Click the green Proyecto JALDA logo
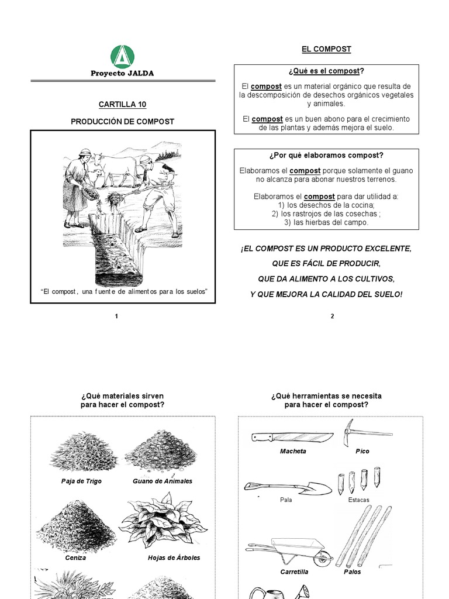pyautogui.click(x=122, y=57)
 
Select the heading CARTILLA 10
pyautogui.click(x=122, y=105)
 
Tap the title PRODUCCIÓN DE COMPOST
pyautogui.click(x=122, y=122)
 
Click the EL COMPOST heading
pyautogui.click(x=327, y=49)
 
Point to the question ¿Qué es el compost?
pyautogui.click(x=326, y=71)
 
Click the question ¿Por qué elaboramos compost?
pyautogui.click(x=326, y=156)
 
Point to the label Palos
pyautogui.click(x=353, y=572)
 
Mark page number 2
pyautogui.click(x=332, y=316)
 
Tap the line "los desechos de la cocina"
pyautogui.click(x=326, y=205)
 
